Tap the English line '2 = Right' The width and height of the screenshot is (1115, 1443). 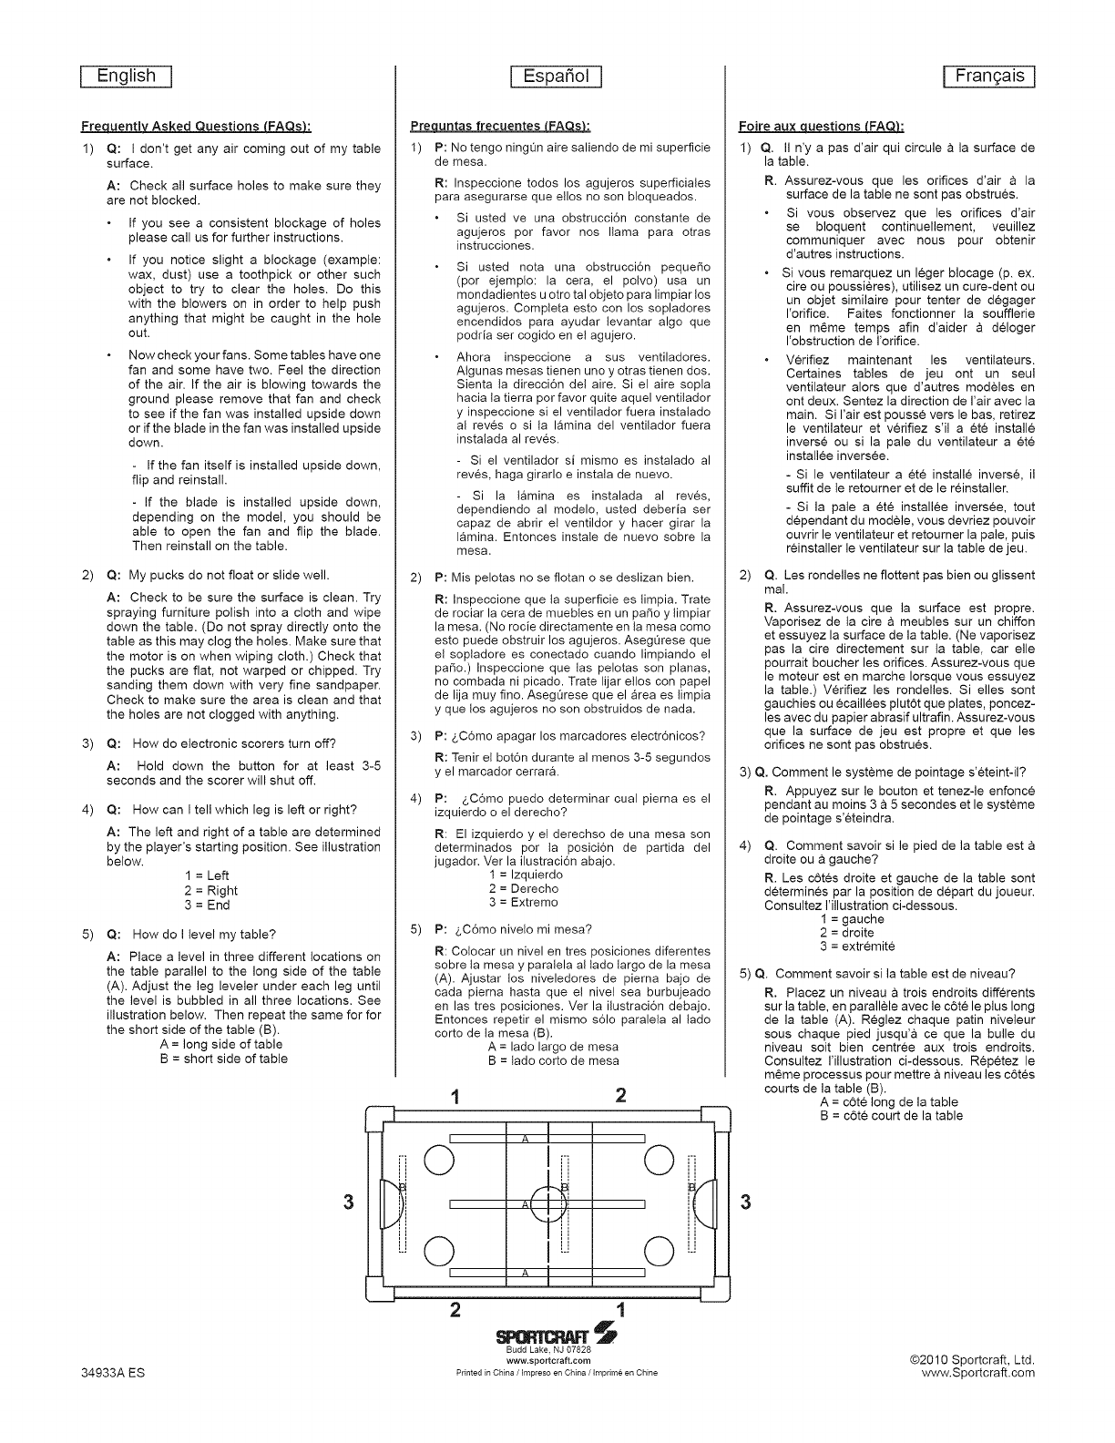[x=210, y=891]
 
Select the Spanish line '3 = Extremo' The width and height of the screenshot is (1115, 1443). [x=524, y=903]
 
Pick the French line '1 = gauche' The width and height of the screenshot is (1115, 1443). [x=846, y=919]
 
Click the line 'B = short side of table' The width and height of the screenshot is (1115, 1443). [x=223, y=1059]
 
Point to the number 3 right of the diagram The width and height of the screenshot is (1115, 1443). [x=746, y=1202]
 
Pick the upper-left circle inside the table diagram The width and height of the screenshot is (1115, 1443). [x=438, y=1160]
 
